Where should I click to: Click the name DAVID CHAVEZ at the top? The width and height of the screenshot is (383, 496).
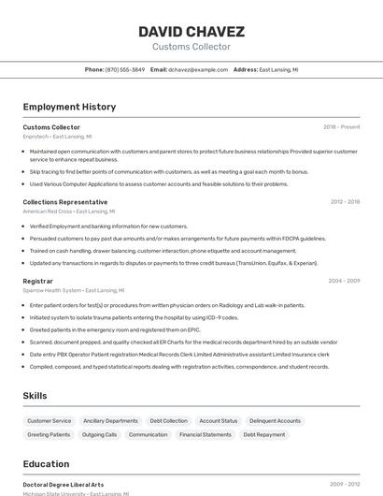(x=191, y=32)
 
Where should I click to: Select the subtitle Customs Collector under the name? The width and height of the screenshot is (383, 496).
(x=191, y=47)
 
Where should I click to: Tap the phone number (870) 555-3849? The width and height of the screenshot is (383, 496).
(x=124, y=69)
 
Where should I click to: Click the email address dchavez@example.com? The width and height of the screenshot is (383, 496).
(x=198, y=69)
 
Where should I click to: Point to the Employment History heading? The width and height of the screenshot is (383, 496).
(x=69, y=107)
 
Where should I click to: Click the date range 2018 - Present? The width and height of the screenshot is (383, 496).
(x=342, y=126)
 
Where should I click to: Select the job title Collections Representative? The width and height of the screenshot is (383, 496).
(x=64, y=202)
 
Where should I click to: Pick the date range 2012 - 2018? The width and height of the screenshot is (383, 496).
(x=345, y=202)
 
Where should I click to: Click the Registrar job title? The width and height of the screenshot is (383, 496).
(x=37, y=281)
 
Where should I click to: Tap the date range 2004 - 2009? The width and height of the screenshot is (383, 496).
(x=344, y=281)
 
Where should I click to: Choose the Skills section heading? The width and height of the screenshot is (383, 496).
(x=35, y=396)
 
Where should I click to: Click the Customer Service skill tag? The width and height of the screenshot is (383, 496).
(x=49, y=421)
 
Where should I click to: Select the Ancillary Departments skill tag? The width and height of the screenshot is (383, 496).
(x=110, y=421)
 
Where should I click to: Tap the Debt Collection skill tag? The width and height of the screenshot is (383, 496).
(x=169, y=421)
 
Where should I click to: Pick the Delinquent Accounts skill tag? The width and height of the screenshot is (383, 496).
(x=275, y=421)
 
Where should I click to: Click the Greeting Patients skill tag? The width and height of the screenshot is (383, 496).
(x=49, y=434)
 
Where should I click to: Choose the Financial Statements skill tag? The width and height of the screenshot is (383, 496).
(x=206, y=434)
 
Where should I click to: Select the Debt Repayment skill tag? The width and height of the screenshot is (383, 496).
(x=264, y=434)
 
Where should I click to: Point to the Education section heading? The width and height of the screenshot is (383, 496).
(x=46, y=464)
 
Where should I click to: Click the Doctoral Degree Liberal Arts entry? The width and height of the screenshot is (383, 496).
(x=64, y=485)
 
